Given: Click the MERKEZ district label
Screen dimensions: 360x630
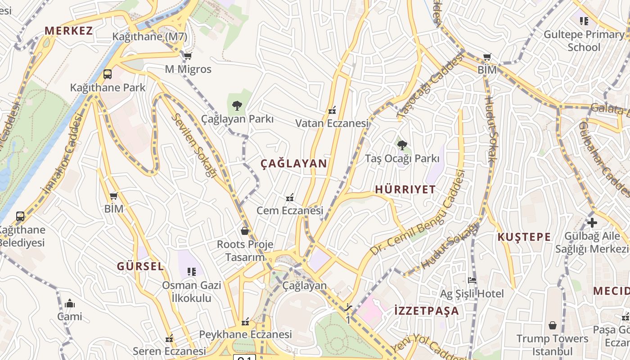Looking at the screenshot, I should [x=68, y=31].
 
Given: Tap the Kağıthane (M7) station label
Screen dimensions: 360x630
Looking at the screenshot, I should [x=150, y=37].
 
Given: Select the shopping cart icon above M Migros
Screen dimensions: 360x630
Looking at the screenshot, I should [x=188, y=56].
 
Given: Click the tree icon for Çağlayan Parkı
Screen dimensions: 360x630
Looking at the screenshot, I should [x=237, y=106].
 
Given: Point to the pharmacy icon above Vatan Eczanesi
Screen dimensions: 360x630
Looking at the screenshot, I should [x=332, y=110].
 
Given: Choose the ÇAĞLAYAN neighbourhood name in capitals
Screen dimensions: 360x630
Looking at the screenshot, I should [x=294, y=164].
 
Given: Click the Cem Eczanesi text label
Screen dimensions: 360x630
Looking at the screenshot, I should [x=290, y=210].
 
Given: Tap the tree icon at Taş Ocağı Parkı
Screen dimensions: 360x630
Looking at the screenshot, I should [x=402, y=145].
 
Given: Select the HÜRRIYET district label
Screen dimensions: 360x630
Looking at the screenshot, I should [x=405, y=189].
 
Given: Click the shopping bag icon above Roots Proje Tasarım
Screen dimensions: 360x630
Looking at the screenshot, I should [x=245, y=231].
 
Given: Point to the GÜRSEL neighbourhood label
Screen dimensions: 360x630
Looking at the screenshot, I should [x=140, y=266].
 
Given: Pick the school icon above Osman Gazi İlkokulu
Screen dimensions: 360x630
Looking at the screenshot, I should [x=192, y=272].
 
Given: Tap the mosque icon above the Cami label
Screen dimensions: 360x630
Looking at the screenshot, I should [x=69, y=304].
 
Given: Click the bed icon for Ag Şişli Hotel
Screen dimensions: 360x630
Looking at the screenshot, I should [x=472, y=280].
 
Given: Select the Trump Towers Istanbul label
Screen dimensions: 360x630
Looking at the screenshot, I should [x=552, y=345].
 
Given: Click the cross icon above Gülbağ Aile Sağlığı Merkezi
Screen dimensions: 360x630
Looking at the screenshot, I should [x=592, y=223].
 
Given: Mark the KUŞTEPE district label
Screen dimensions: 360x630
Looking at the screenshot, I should [x=524, y=237].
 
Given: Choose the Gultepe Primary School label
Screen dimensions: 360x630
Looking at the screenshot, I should [x=584, y=41].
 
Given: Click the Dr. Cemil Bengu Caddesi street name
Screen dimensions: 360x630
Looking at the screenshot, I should [x=417, y=213].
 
